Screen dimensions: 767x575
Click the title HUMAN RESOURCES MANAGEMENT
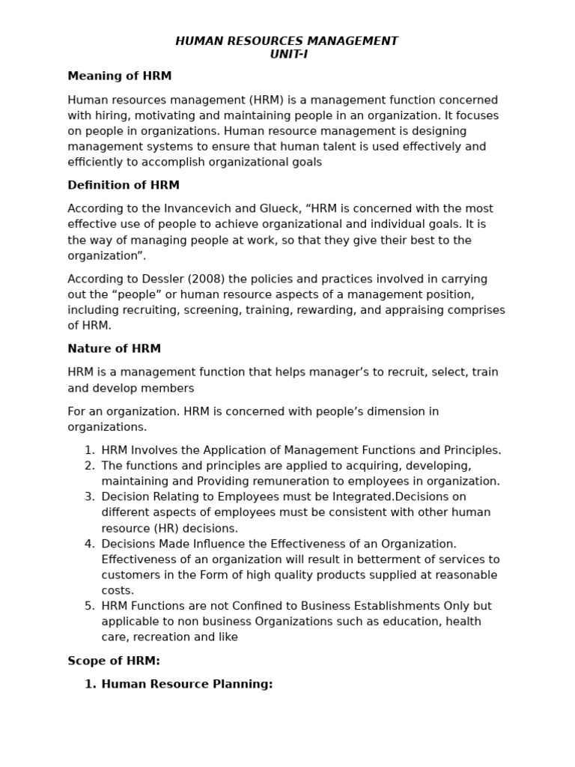tap(287, 41)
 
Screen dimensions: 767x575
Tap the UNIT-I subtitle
tap(288, 54)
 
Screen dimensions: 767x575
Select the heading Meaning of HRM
tap(119, 76)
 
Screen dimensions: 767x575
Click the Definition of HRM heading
tap(124, 185)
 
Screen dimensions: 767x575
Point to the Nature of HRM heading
tap(114, 349)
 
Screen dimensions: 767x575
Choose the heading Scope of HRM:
tap(114, 661)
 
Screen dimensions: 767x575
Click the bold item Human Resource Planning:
tap(186, 684)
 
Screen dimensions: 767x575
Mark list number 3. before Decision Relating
tap(89, 497)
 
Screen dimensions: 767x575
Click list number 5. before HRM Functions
tap(89, 606)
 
